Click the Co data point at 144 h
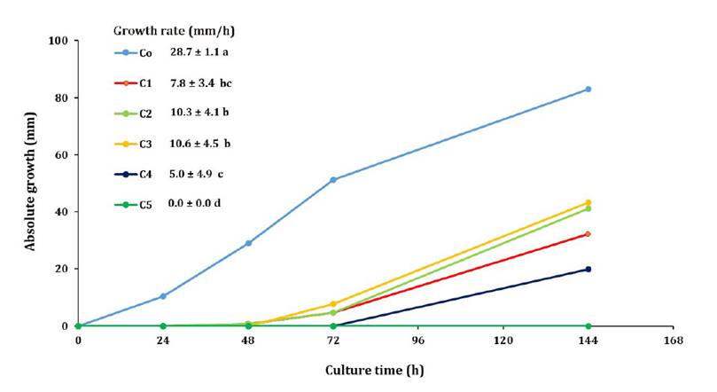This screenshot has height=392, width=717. pos(588,90)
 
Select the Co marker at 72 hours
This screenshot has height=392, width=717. pos(333,180)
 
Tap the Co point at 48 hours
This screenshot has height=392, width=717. pos(248,243)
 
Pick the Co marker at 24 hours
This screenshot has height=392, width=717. pos(163,296)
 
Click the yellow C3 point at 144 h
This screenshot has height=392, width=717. pos(588,203)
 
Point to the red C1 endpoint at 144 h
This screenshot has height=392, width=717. pos(588,234)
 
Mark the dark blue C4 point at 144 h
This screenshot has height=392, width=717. pos(588,269)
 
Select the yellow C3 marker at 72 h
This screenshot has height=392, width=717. pos(333,304)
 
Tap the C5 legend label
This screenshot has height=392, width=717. pos(146,205)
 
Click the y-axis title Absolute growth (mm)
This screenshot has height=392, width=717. pos(31,181)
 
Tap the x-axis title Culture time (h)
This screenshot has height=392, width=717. pos(375,370)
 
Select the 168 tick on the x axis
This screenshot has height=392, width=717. pos(673,341)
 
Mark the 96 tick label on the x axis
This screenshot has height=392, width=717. pos(417,341)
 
